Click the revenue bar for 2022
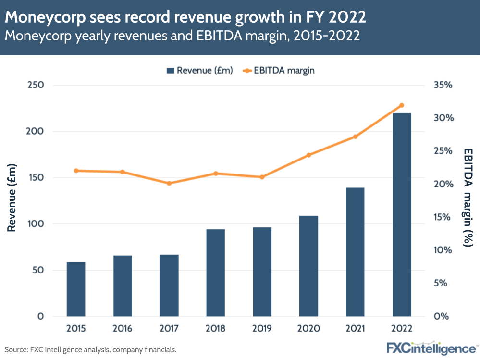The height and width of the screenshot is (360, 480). pyautogui.click(x=402, y=214)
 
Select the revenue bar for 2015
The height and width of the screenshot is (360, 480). pyautogui.click(x=76, y=289)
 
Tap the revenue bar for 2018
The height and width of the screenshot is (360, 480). pyautogui.click(x=216, y=273)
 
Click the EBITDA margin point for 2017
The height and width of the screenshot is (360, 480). pyautogui.click(x=169, y=183)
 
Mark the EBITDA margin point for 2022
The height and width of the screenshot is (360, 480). pyautogui.click(x=402, y=105)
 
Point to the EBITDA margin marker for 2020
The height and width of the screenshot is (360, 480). pyautogui.click(x=308, y=155)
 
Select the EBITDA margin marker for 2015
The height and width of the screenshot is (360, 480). pyautogui.click(x=76, y=171)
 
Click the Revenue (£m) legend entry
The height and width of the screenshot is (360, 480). pyautogui.click(x=199, y=71)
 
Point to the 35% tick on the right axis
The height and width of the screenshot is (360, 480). pyautogui.click(x=443, y=85)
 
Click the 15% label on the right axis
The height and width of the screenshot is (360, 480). pyautogui.click(x=443, y=217)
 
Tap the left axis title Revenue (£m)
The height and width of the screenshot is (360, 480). pyautogui.click(x=12, y=198)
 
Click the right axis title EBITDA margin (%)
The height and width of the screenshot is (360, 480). pyautogui.click(x=468, y=198)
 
